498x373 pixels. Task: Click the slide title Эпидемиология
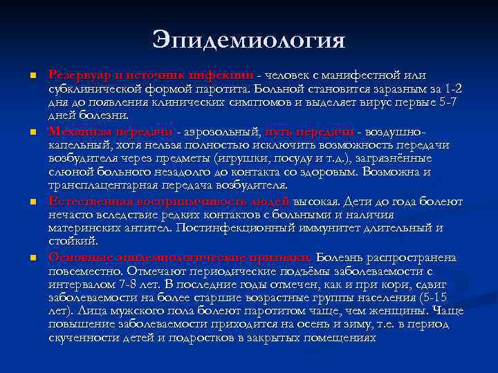(248, 40)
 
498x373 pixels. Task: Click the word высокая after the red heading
(317, 202)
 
